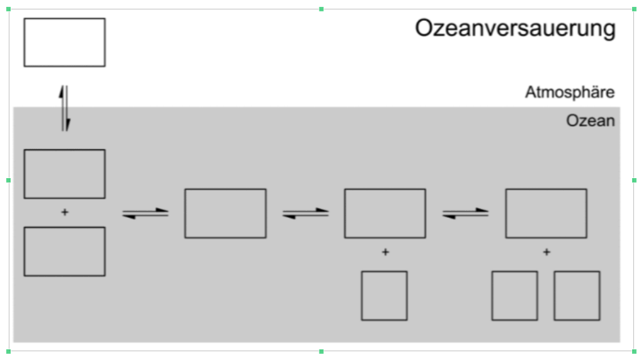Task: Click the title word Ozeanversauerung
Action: click(515, 29)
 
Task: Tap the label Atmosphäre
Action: click(570, 92)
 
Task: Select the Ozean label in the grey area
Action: click(590, 121)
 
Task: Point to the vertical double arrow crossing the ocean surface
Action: click(65, 108)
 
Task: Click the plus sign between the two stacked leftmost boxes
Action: click(65, 212)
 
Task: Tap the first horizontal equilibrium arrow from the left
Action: click(145, 213)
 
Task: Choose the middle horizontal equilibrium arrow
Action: click(306, 213)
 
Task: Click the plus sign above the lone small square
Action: click(386, 252)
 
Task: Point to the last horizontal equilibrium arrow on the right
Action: click(465, 213)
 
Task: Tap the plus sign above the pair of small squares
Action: click(547, 252)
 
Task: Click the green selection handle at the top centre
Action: click(321, 9)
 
